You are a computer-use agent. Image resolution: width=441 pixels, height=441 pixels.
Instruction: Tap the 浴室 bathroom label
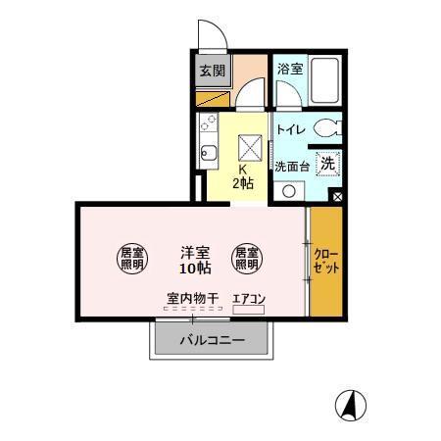(x=288, y=70)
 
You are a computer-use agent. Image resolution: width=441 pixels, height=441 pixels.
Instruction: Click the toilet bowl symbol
(x=330, y=127)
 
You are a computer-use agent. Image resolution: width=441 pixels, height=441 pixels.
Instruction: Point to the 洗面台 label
(x=291, y=166)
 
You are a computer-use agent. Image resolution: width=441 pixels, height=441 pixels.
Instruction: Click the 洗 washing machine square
(x=329, y=165)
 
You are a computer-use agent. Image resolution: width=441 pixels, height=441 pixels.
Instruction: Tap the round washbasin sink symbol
(x=288, y=190)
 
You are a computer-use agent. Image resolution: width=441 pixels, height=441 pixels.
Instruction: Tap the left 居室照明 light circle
(x=132, y=257)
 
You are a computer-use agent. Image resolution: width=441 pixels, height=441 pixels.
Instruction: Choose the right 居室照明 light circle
(x=246, y=258)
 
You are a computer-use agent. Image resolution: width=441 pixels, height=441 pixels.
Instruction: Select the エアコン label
(x=249, y=299)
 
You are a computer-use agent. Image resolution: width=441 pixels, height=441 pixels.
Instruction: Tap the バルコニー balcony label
(x=211, y=341)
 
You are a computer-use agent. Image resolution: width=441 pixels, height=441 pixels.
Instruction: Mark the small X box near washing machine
(x=338, y=197)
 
